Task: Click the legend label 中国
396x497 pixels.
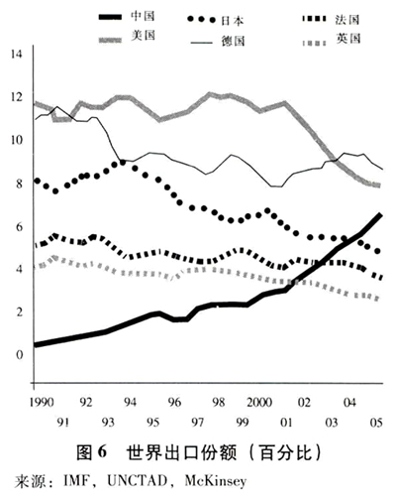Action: [143, 16]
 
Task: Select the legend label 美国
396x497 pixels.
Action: [143, 36]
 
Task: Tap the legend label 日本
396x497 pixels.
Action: [232, 21]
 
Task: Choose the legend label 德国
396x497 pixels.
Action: [233, 42]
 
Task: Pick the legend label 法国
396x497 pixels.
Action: [347, 20]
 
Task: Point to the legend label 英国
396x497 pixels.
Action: [348, 39]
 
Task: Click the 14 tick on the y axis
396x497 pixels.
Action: [17, 54]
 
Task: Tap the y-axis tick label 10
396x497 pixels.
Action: [17, 140]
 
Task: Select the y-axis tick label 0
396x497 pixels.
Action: [20, 355]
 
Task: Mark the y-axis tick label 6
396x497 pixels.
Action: [20, 227]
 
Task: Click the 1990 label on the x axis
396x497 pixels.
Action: [42, 402]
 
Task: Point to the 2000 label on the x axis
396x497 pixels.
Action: [259, 402]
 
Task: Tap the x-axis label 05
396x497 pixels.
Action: [376, 423]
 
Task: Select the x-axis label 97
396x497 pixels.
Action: [198, 423]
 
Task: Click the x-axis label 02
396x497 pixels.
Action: [304, 402]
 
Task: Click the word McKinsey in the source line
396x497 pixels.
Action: [216, 481]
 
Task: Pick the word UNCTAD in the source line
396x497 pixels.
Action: [137, 480]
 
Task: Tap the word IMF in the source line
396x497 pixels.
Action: [76, 480]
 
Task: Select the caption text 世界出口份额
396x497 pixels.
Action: [181, 452]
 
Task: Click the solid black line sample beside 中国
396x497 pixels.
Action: [110, 17]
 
